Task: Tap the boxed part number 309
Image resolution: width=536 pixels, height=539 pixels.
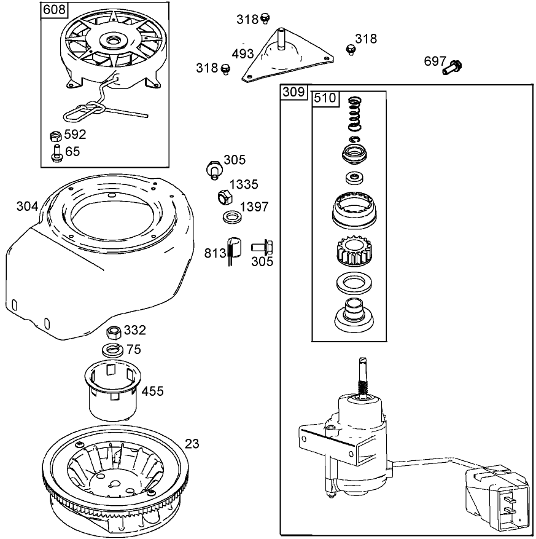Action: pos(293,92)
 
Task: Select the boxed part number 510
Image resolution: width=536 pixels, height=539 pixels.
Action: pos(324,99)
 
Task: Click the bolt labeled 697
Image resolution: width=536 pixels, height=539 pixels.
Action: pos(452,66)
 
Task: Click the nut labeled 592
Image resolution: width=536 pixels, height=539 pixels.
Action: pos(55,135)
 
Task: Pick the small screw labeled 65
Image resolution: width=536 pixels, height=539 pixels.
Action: pos(55,151)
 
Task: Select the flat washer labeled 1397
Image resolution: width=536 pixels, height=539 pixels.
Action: pos(231,217)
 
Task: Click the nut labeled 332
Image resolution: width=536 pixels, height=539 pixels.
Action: pos(114,332)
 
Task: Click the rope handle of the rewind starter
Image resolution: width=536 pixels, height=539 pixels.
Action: pos(82,112)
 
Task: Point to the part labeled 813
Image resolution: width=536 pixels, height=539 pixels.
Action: pos(233,247)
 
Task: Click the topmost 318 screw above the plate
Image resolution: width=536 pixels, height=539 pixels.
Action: pos(265,17)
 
